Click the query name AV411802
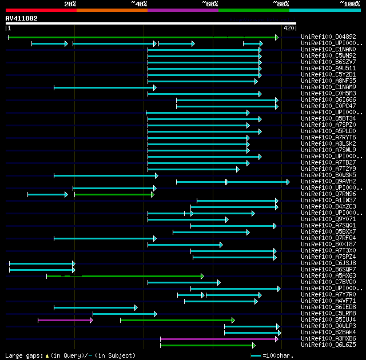point(22,18)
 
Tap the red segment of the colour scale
point(41,10)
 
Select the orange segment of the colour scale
point(112,10)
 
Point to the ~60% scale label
point(210,4)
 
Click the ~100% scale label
point(349,4)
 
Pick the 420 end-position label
point(288,28)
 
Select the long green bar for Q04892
point(143,37)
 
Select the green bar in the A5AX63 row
point(143,276)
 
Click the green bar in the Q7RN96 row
point(114,194)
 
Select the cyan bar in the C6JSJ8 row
point(42,263)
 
